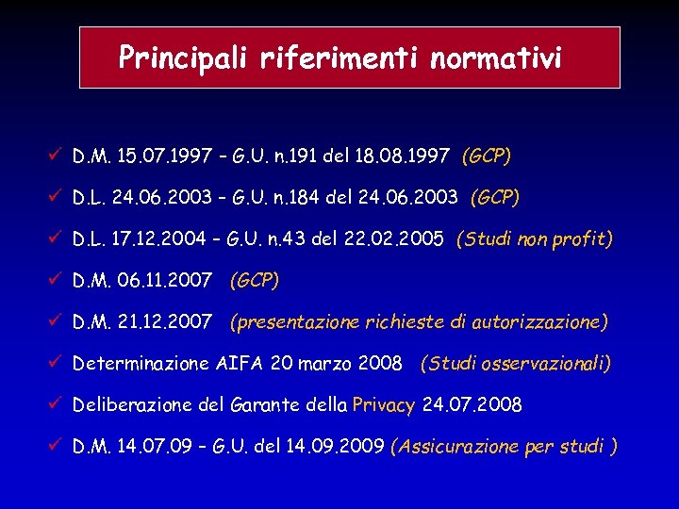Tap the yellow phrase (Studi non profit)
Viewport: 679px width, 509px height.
pyautogui.click(x=534, y=239)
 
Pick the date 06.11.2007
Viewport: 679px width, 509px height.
pyautogui.click(x=169, y=281)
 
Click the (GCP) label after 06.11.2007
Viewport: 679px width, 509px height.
pyautogui.click(x=255, y=281)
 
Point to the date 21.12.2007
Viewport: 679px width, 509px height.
pyautogui.click(x=169, y=322)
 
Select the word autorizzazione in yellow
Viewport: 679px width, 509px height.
pyautogui.click(x=539, y=322)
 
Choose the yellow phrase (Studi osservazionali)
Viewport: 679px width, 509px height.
pyautogui.click(x=516, y=363)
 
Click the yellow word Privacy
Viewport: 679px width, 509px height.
pyautogui.click(x=383, y=405)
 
